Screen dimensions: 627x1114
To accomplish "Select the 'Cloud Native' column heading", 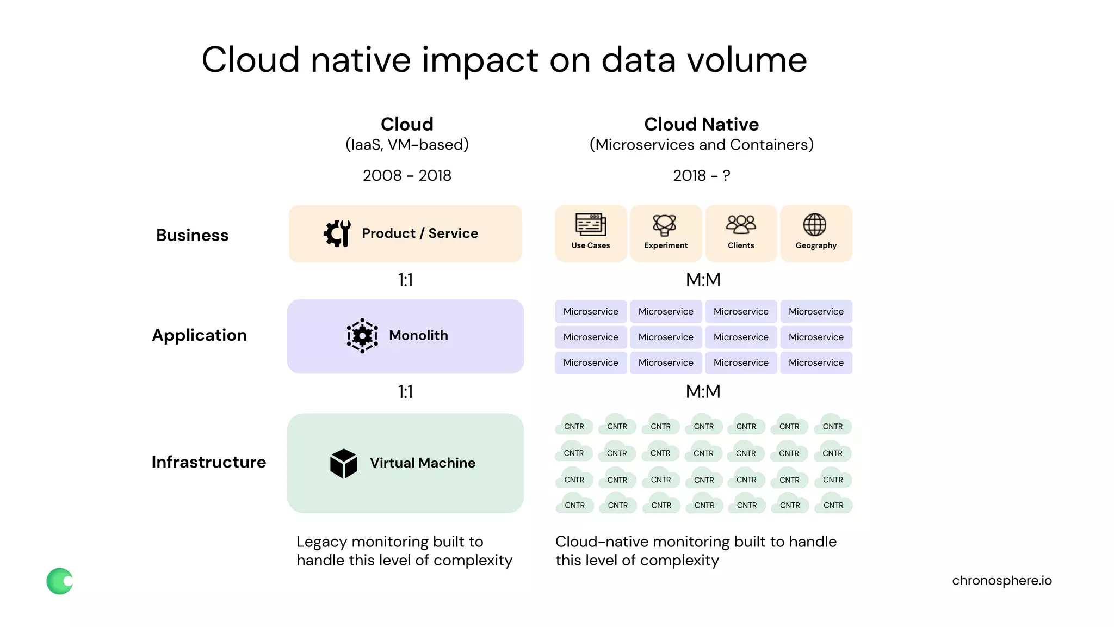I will tap(701, 124).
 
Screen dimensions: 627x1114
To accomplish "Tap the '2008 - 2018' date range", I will tap(407, 175).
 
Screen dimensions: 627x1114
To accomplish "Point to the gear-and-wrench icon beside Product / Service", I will tap(337, 233).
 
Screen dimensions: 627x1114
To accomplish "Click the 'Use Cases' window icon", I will tap(591, 224).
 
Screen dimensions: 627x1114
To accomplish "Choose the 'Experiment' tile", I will tap(666, 233).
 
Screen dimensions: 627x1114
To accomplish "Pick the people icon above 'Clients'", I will tap(741, 224).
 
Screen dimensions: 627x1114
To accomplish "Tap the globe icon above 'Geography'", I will tap(815, 224).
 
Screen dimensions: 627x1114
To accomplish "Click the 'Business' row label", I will tap(192, 235).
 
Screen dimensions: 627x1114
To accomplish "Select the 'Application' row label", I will tap(199, 335).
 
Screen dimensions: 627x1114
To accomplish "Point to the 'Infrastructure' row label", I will tap(209, 462).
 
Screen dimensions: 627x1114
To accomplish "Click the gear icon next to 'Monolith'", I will tap(362, 336).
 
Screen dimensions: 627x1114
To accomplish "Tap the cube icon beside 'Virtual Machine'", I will tap(344, 463).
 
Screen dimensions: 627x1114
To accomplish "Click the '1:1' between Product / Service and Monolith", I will tap(405, 280).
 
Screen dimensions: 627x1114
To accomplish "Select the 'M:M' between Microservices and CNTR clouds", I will tap(703, 391).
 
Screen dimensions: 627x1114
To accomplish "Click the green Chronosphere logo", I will tap(60, 581).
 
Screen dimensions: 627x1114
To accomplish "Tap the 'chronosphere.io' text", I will tap(1001, 581).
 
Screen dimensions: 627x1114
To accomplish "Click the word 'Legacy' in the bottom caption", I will tap(321, 542).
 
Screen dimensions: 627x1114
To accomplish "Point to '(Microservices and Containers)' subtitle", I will tap(701, 145).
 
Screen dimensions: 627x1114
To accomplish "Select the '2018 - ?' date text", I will tap(701, 175).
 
